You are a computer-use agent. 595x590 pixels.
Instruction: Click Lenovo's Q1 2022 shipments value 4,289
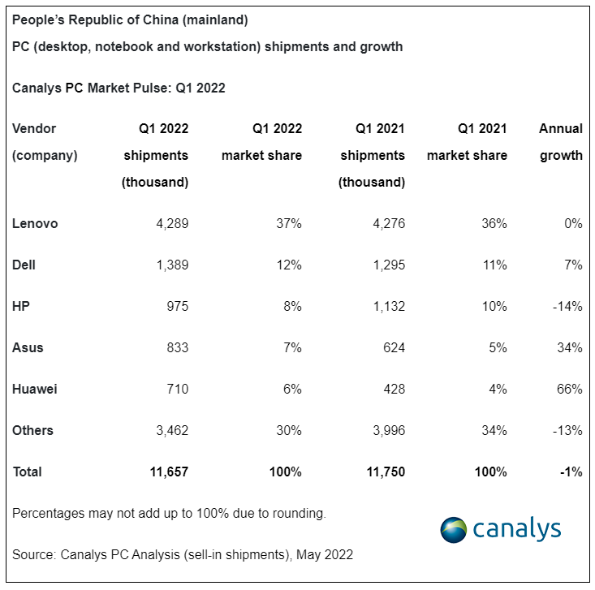click(170, 223)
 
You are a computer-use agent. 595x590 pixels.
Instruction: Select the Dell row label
click(24, 265)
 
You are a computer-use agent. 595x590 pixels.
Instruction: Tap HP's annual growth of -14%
click(567, 306)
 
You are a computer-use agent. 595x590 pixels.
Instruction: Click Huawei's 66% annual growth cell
click(570, 389)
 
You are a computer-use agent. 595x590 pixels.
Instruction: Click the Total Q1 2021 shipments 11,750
click(382, 472)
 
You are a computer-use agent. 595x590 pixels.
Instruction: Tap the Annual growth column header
click(561, 142)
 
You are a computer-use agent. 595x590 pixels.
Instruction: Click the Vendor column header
click(34, 128)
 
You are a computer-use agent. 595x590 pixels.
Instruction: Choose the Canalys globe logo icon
click(455, 530)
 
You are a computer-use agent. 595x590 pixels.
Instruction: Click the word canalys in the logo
click(516, 529)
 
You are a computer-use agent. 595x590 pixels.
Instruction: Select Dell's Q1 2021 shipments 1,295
click(386, 265)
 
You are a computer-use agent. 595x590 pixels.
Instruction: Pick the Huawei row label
click(34, 389)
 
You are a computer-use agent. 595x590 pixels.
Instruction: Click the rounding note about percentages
click(169, 513)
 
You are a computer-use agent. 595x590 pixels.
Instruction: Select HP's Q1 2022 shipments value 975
click(176, 306)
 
